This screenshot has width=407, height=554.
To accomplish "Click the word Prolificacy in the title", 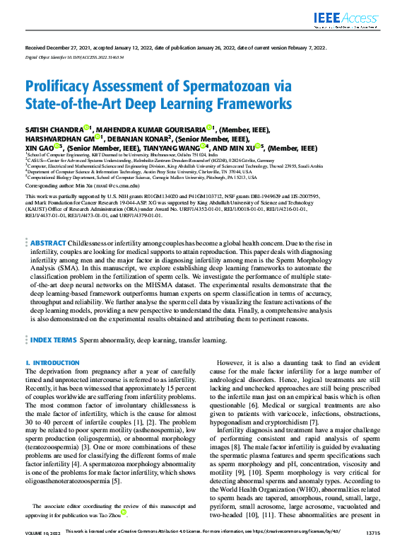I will (59, 88).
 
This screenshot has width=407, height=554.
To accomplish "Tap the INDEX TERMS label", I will (53, 340).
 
